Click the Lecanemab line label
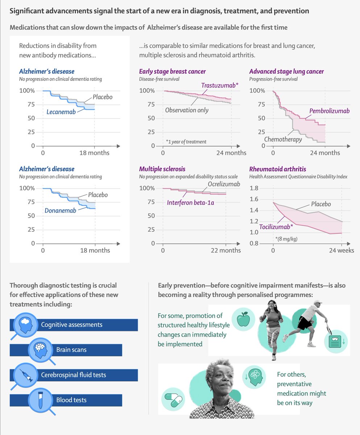[61, 112]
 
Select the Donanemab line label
[60, 210]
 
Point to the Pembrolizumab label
[330, 111]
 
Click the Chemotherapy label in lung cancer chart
[283, 139]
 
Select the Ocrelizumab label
[224, 184]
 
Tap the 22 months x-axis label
[225, 250]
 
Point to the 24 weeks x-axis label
[342, 250]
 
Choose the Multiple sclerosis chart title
[162, 169]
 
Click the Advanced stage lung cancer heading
[286, 71]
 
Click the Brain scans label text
[71, 350]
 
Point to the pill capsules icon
[172, 399]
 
